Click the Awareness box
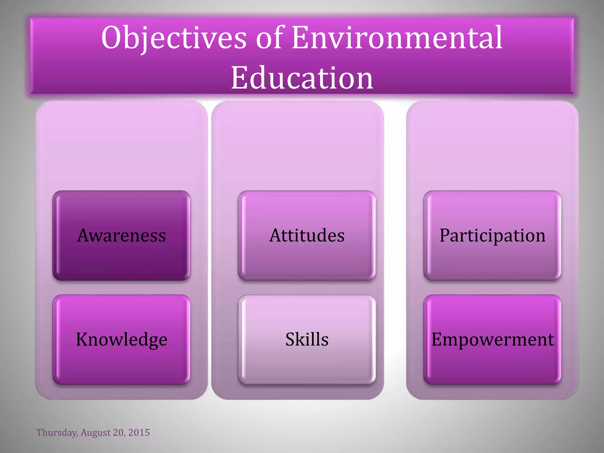[x=122, y=235]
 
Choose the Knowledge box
[x=122, y=339]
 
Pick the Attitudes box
[x=307, y=235]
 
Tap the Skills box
[x=307, y=339]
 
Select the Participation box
[x=493, y=235]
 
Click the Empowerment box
[x=493, y=339]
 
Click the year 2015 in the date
[x=139, y=433]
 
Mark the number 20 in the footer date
[x=119, y=433]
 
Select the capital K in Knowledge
[x=82, y=339]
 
